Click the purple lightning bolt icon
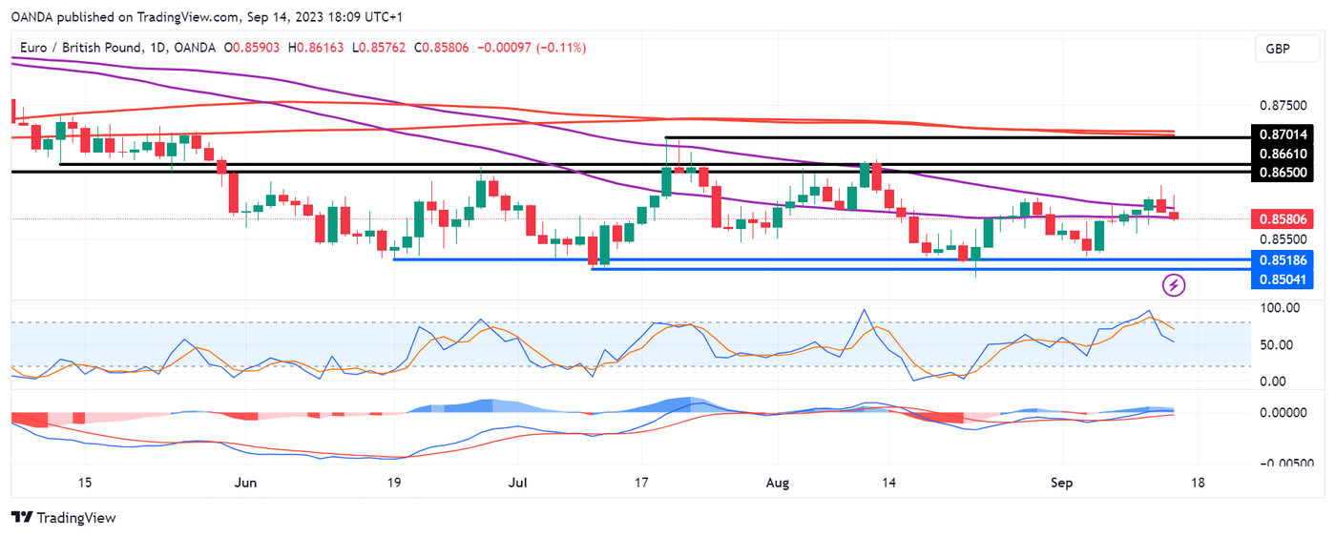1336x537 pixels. click(x=1175, y=284)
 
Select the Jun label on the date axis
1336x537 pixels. click(x=245, y=483)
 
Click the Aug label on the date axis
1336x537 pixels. click(x=779, y=483)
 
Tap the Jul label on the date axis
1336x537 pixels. click(x=517, y=483)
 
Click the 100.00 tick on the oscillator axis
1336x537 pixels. click(x=1280, y=308)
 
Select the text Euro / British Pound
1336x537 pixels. click(x=80, y=48)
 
